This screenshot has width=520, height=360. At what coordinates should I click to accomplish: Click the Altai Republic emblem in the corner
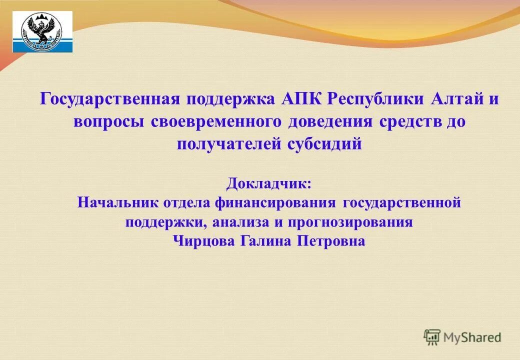tap(42, 32)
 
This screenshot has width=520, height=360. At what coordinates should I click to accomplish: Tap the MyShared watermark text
tap(472, 338)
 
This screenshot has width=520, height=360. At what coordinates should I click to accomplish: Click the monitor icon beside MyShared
tap(432, 337)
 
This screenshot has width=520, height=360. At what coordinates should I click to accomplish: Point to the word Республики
tap(376, 98)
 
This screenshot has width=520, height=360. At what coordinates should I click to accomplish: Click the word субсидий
tap(324, 144)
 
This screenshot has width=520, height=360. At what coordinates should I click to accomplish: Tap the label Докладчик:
tap(268, 183)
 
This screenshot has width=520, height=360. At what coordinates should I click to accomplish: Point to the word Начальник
tap(118, 203)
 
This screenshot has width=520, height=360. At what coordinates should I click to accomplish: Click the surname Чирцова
tap(204, 241)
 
